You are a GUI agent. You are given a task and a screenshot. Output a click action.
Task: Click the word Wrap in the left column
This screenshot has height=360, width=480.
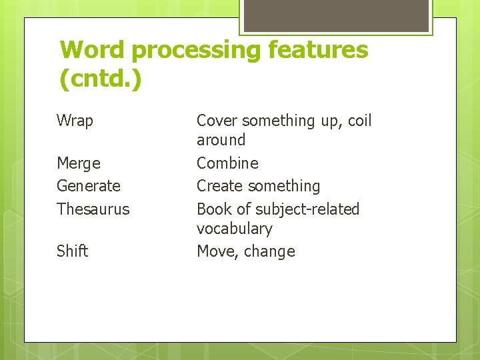[x=75, y=121]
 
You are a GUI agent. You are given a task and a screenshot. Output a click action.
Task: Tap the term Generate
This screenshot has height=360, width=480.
[x=89, y=186]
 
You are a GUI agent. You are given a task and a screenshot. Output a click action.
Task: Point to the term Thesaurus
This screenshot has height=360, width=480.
[x=93, y=209]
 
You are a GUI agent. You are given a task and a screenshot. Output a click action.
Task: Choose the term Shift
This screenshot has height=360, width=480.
[x=72, y=251]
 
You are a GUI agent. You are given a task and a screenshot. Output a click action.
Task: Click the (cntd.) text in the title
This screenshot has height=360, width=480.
[x=101, y=80]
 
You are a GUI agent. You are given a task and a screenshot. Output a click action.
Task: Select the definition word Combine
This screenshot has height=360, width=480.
[x=227, y=163]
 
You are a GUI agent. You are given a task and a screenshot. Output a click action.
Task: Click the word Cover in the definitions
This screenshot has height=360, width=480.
[x=217, y=121]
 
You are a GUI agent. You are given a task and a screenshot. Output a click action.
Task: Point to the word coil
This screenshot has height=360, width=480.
[x=359, y=121]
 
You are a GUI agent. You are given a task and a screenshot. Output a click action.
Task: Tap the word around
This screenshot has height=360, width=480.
[x=221, y=140]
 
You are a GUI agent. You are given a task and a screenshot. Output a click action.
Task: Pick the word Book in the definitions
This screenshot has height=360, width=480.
[x=213, y=209]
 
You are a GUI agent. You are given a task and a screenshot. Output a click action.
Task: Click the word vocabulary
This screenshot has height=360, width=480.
[x=234, y=229]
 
